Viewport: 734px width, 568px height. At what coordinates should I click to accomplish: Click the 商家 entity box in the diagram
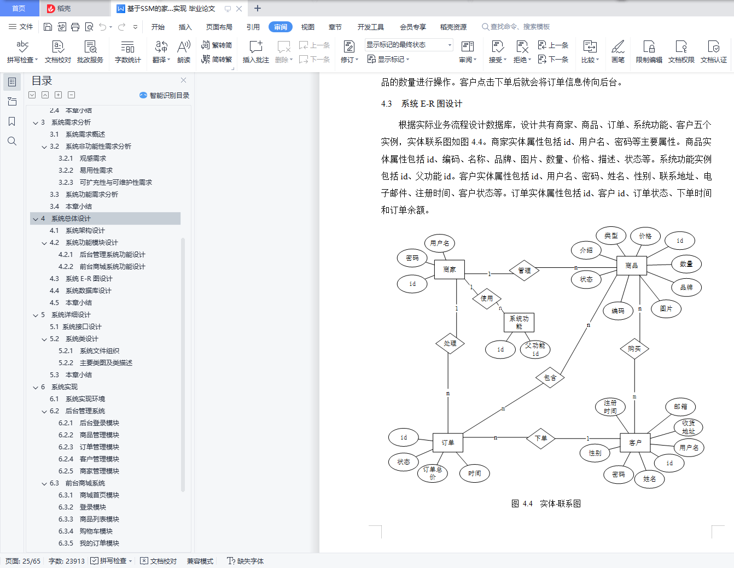click(x=449, y=270)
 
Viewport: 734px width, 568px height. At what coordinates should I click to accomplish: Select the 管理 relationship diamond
click(x=524, y=270)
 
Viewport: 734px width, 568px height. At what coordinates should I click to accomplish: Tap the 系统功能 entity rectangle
click(x=519, y=323)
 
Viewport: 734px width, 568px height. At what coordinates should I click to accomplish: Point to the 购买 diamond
click(x=634, y=349)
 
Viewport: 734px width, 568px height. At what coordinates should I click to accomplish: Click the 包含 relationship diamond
click(x=550, y=377)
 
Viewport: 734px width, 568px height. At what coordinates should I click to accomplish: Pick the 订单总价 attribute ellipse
click(x=433, y=473)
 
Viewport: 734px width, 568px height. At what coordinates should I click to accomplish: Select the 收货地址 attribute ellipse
click(x=689, y=427)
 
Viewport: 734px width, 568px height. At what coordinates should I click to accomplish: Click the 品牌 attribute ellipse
click(x=686, y=287)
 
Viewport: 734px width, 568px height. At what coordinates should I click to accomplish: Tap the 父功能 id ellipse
click(x=535, y=349)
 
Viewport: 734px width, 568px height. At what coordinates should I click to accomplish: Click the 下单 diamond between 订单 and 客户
click(x=541, y=438)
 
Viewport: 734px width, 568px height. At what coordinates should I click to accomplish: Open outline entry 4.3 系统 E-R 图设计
click(x=81, y=278)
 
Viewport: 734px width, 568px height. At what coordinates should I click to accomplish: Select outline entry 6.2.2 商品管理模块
click(x=89, y=435)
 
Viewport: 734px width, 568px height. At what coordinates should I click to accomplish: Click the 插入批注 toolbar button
click(x=256, y=51)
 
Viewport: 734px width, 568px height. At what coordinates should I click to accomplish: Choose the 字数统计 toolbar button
click(x=127, y=51)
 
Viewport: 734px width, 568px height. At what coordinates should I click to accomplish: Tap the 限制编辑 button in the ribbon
click(x=649, y=51)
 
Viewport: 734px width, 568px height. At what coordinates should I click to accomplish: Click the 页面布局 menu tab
click(x=219, y=27)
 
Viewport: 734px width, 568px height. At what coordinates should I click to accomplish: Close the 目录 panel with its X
click(x=183, y=80)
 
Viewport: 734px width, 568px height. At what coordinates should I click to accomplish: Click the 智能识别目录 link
click(x=164, y=95)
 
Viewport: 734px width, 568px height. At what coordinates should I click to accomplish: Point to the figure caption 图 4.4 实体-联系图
click(x=546, y=503)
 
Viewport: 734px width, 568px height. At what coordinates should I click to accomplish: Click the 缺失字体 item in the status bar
click(x=246, y=561)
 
